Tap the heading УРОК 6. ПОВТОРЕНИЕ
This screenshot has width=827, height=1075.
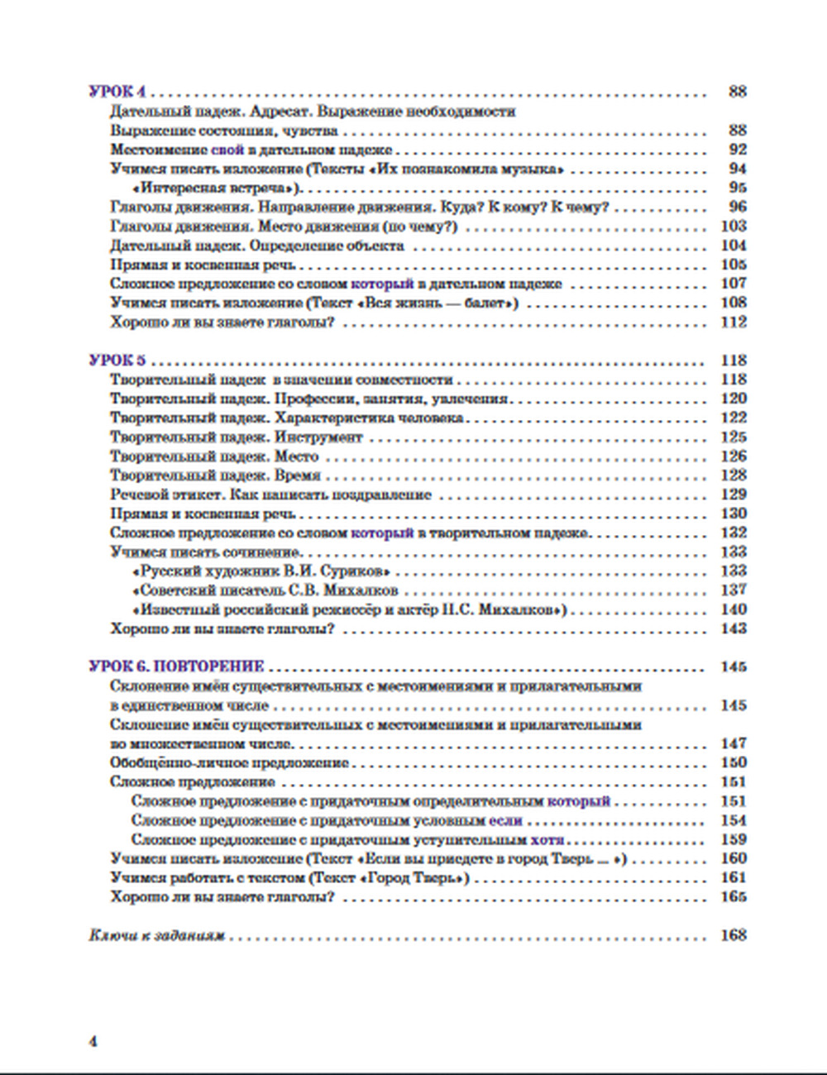pos(176,666)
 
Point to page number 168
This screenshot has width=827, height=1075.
pos(734,936)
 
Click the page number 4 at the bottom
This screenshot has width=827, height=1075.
pos(93,1041)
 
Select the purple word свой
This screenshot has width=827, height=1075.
pos(228,150)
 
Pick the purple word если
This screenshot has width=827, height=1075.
pos(505,821)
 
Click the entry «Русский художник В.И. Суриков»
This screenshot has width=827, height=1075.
pos(261,571)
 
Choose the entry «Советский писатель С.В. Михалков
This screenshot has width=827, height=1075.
pos(265,590)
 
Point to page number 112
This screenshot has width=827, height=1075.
pos(734,322)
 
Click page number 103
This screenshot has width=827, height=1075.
pos(734,227)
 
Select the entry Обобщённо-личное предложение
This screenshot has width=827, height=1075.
pos(229,763)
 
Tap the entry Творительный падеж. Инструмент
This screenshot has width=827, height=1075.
pos(237,437)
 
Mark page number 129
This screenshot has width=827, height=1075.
pos(734,494)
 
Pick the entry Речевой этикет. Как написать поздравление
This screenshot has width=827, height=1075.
pos(270,494)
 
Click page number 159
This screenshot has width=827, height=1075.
pos(734,840)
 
